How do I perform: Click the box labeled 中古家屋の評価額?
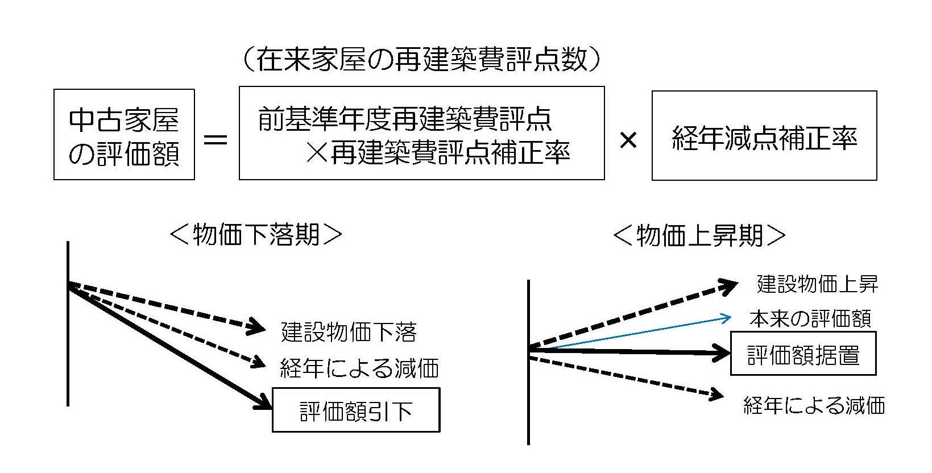click(124, 135)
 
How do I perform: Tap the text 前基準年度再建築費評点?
click(405, 119)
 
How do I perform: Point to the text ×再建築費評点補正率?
click(438, 152)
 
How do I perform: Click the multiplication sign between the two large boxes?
click(628, 140)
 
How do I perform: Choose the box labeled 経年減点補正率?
click(764, 136)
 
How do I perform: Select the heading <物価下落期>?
click(256, 234)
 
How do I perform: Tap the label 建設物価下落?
click(349, 332)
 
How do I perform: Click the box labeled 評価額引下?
click(356, 410)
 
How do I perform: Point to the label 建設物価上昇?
click(817, 284)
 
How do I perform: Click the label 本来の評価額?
click(810, 319)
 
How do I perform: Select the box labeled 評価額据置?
click(803, 355)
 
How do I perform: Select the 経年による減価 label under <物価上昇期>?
click(814, 405)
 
